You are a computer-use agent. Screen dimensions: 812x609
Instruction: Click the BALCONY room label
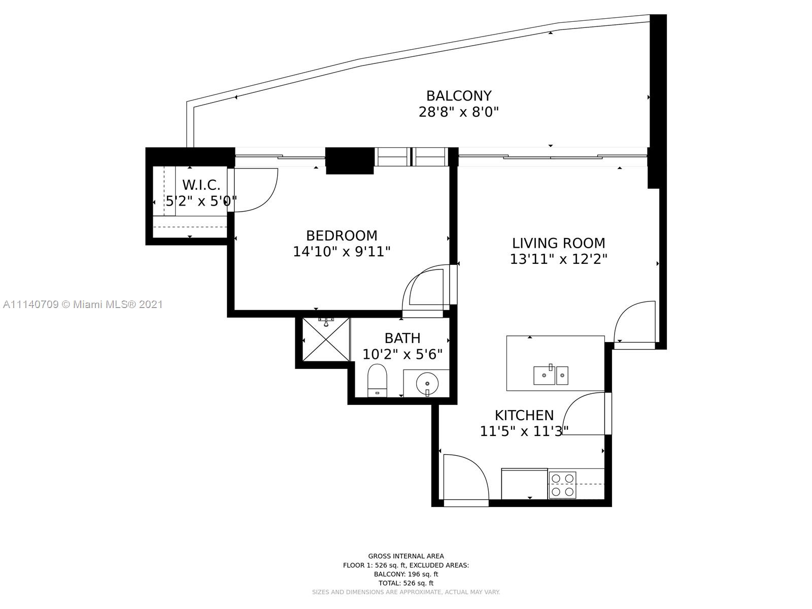click(x=459, y=96)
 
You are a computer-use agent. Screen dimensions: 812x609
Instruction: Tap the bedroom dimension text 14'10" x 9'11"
click(x=342, y=252)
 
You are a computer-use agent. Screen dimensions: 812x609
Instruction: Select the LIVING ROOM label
click(x=559, y=243)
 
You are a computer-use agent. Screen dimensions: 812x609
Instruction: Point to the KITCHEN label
click(x=524, y=415)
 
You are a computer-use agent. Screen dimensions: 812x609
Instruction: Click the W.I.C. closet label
click(x=201, y=185)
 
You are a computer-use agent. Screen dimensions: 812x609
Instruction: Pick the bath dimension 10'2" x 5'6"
click(x=402, y=354)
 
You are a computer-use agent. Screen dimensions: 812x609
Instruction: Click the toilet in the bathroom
click(x=377, y=381)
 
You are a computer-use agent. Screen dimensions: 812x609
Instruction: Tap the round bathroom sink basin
click(x=427, y=384)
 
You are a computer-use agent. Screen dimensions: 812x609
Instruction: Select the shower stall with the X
click(x=326, y=340)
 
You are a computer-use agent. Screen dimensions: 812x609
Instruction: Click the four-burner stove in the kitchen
click(x=562, y=485)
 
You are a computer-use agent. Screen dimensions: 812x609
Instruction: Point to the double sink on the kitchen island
click(x=551, y=376)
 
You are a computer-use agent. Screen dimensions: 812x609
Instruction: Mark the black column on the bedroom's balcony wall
click(x=350, y=160)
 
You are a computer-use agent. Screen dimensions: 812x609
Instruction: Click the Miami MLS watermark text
click(x=83, y=304)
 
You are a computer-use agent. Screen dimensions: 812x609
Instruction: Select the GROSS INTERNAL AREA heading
click(x=406, y=556)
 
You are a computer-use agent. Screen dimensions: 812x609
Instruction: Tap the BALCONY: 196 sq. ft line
click(x=406, y=574)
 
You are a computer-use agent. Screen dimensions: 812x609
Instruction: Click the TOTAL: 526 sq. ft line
click(x=406, y=583)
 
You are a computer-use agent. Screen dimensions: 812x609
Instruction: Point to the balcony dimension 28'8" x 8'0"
click(x=459, y=112)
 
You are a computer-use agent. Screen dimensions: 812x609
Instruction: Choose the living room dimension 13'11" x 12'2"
click(x=559, y=259)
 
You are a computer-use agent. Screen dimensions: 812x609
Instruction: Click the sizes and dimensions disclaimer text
click(x=406, y=592)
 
